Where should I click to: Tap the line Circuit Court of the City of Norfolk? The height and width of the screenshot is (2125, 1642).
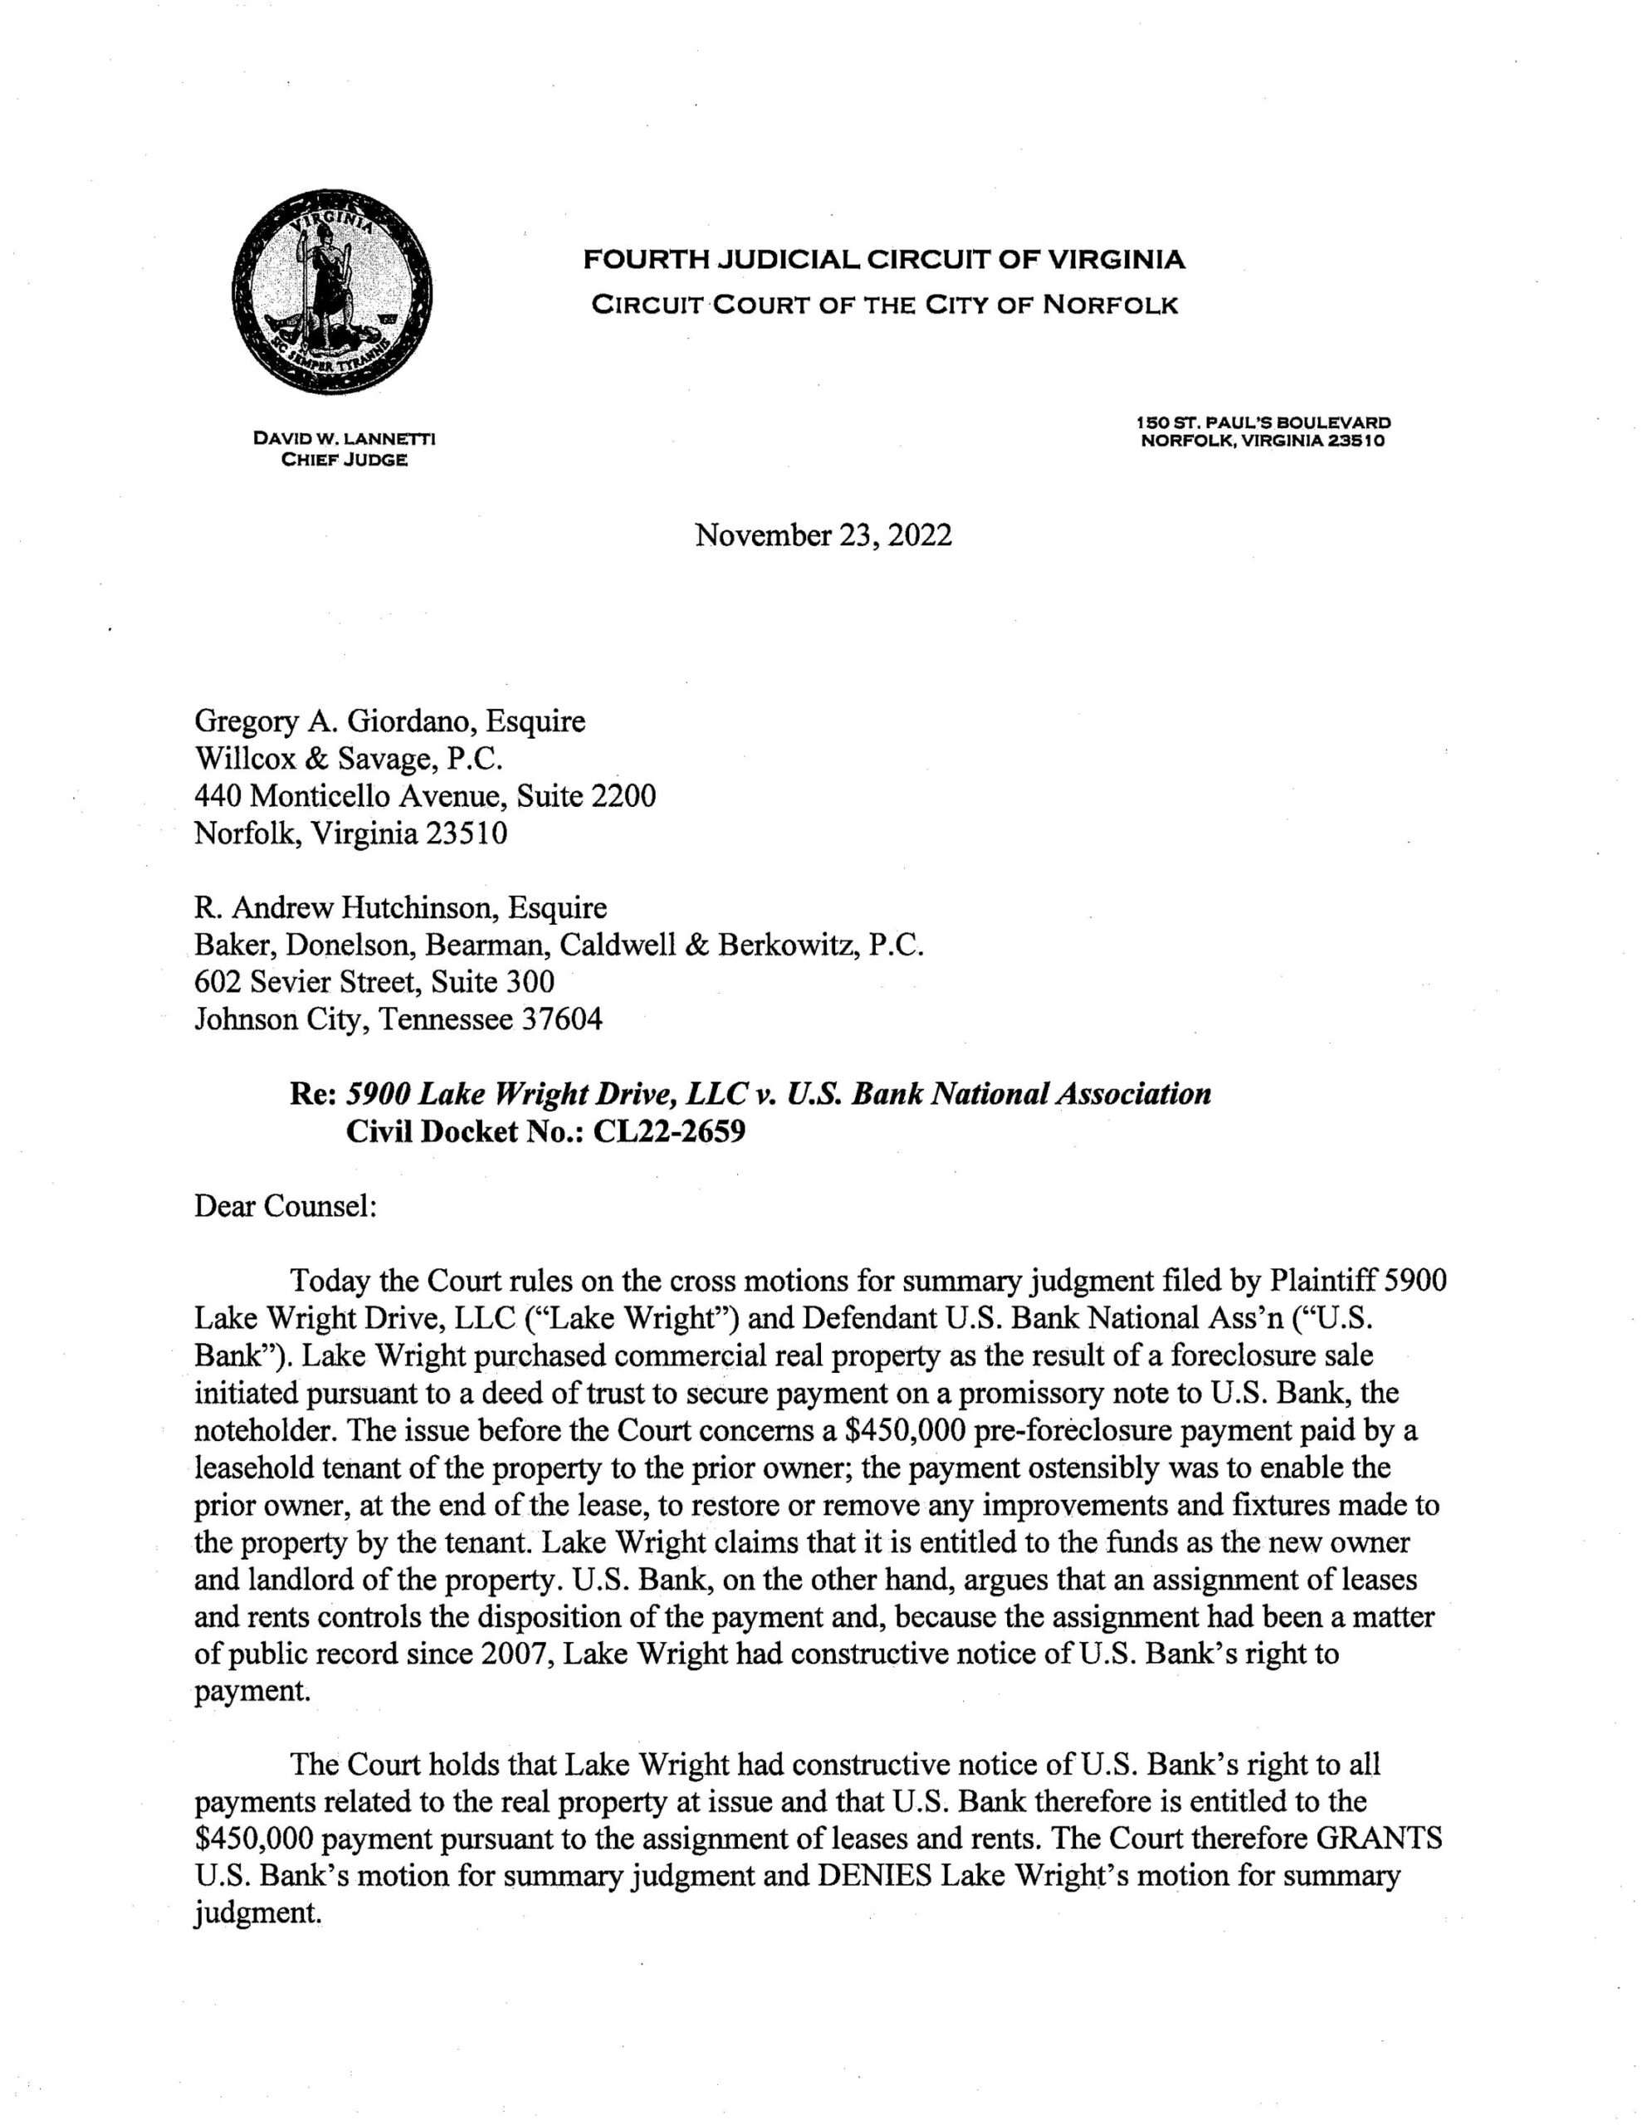885,305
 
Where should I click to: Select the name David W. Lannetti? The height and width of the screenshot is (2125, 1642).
344,439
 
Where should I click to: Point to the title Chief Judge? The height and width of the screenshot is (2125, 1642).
344,459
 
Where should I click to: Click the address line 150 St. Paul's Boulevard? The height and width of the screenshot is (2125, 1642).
1263,423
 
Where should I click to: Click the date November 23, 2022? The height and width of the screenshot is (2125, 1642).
823,535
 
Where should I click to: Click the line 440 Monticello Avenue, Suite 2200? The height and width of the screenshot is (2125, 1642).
425,796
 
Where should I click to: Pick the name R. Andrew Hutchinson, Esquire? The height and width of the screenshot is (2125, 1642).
400,908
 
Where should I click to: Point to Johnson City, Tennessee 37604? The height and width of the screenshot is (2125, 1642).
398,1019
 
